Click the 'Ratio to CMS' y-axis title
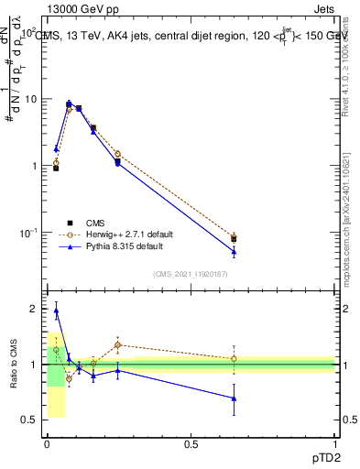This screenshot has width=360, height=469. coord(14,364)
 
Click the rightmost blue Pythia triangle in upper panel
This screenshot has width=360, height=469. coord(234,252)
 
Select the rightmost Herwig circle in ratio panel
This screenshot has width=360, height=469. coord(234,359)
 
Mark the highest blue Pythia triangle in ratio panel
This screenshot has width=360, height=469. coord(56,311)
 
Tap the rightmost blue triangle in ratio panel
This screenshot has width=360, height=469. coord(234,398)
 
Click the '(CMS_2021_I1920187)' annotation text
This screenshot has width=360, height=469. coord(191,273)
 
